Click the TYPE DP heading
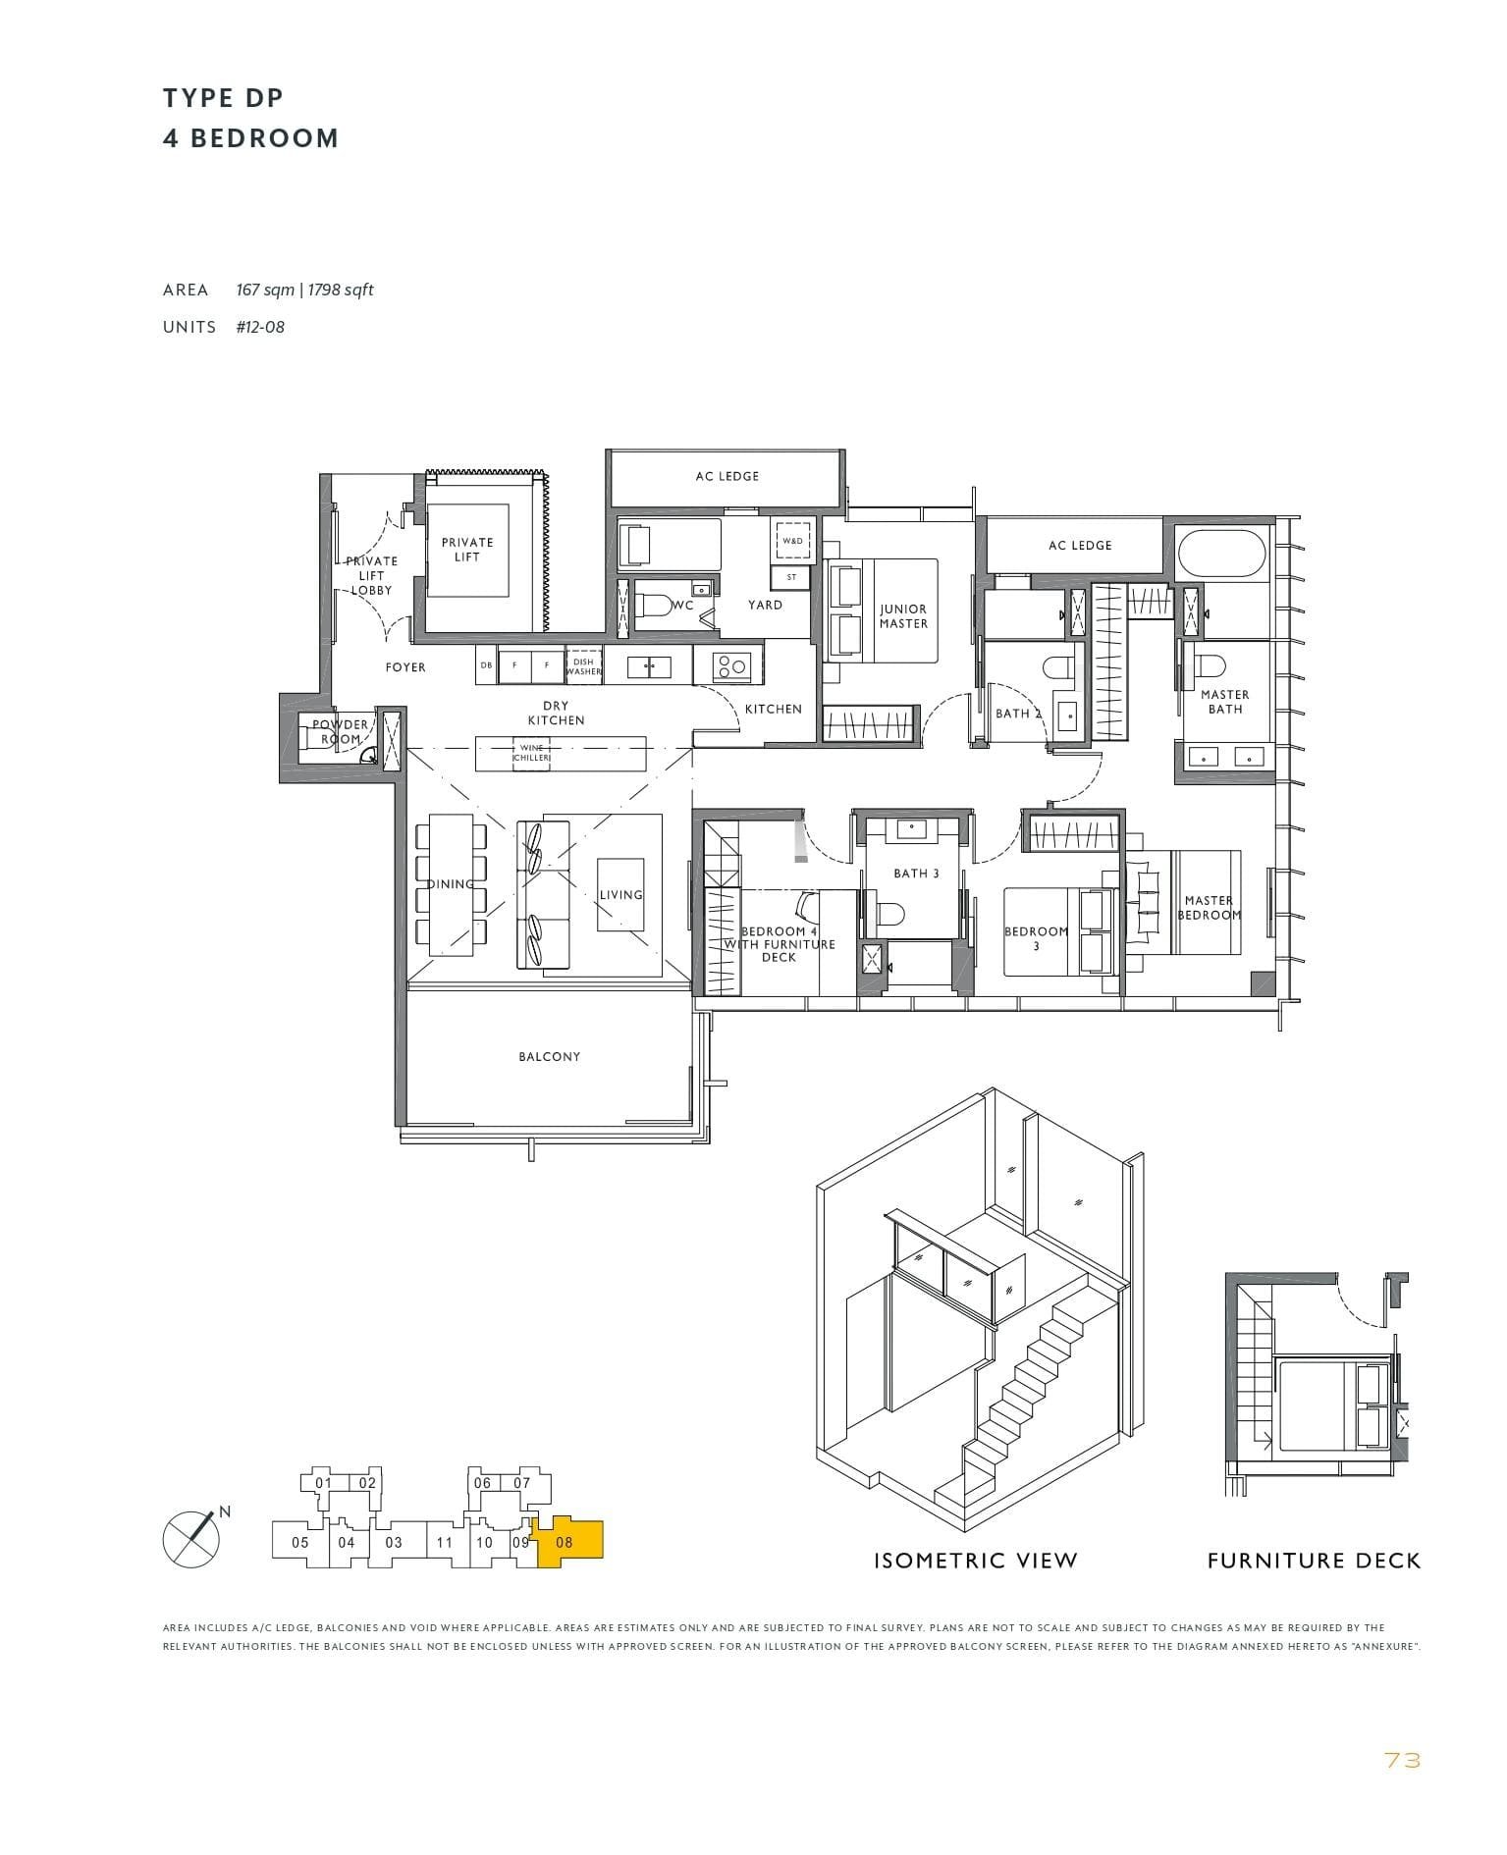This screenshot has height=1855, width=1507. tap(223, 98)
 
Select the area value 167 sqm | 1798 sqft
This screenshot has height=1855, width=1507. tap(304, 290)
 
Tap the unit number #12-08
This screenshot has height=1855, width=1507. tap(260, 327)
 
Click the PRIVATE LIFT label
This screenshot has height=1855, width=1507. tap(467, 550)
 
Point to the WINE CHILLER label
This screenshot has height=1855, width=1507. tap(530, 753)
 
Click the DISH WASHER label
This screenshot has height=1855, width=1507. tap(583, 666)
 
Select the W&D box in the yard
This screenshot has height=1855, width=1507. tap(792, 541)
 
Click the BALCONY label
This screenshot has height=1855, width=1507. tap(550, 1057)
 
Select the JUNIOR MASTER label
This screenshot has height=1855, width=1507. tap(903, 616)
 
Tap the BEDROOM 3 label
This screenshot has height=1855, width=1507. tap(1036, 938)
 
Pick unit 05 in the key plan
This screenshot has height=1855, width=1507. tap(300, 1542)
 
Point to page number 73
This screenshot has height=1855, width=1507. tap(1403, 1761)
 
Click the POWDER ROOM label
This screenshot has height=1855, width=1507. tap(341, 731)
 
